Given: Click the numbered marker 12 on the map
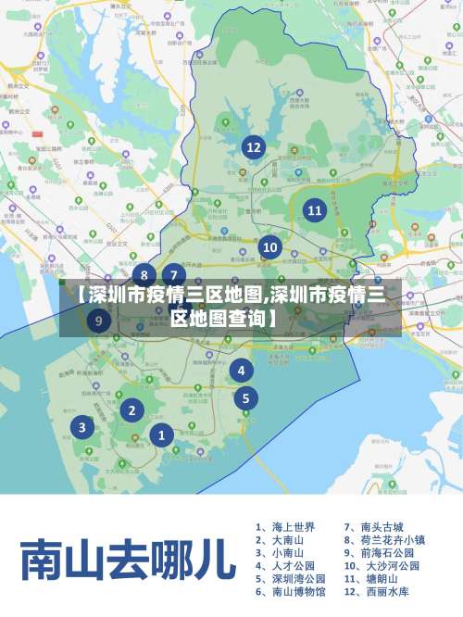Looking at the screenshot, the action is click(x=253, y=146).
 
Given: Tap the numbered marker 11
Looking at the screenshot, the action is click(x=315, y=210).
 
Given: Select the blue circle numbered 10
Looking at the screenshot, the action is click(x=269, y=247).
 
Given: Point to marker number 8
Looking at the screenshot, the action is click(x=144, y=274).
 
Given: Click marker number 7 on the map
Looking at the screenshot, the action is click(x=173, y=274).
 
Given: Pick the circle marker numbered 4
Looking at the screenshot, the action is click(x=241, y=371).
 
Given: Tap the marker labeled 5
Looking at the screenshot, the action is click(x=245, y=399).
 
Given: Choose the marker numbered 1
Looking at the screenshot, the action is click(x=161, y=434).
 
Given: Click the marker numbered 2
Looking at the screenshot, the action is click(x=132, y=409).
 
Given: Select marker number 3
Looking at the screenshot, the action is click(x=82, y=427).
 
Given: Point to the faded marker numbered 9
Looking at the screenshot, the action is click(x=99, y=321).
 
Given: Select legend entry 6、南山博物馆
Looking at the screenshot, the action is click(x=290, y=591).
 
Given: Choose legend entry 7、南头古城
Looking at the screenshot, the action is click(x=375, y=526).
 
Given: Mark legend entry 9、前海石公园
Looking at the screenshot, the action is click(x=381, y=552).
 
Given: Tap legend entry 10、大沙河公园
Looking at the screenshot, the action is click(x=382, y=565).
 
